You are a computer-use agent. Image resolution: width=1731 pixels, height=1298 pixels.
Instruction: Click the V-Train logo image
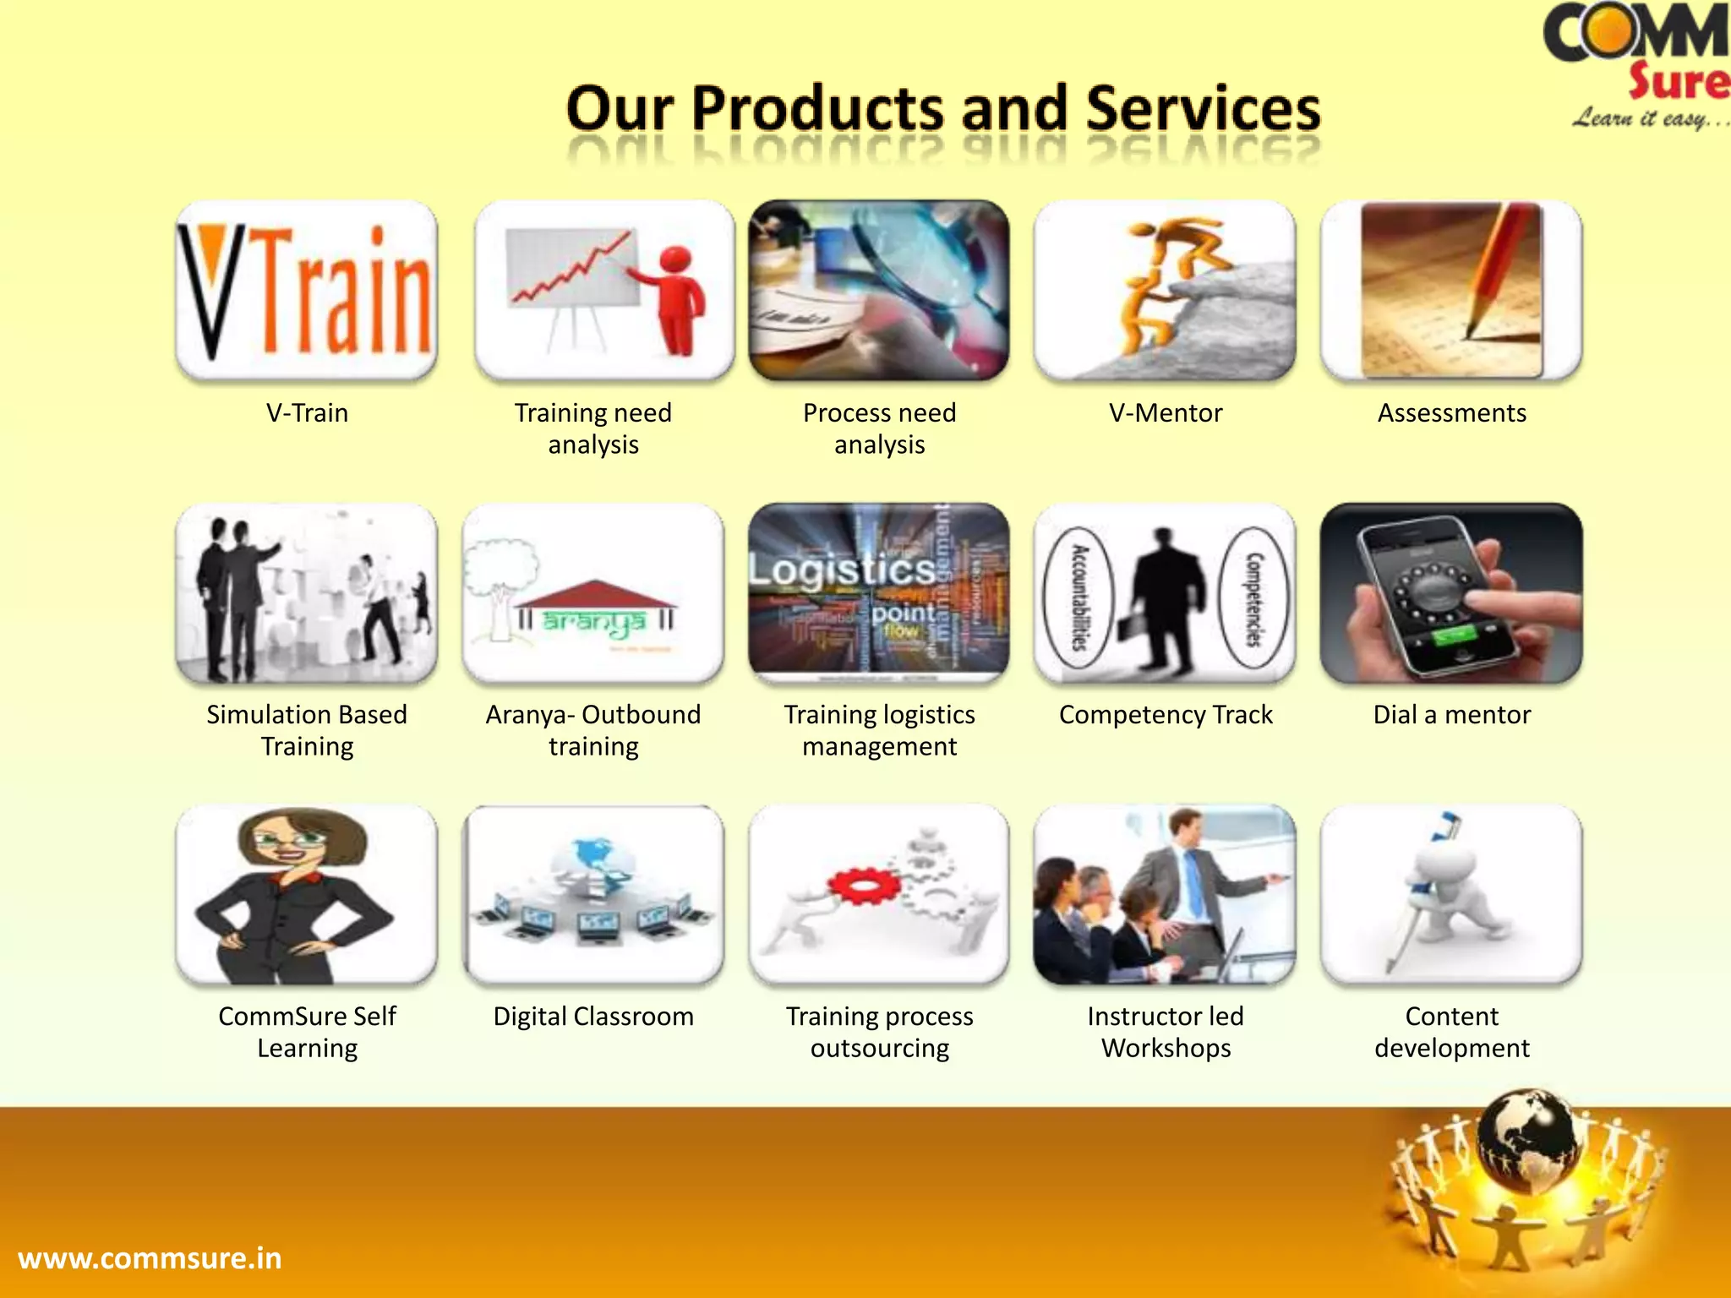pyautogui.click(x=306, y=290)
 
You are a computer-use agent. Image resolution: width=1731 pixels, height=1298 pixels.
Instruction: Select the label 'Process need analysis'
pyautogui.click(x=879, y=428)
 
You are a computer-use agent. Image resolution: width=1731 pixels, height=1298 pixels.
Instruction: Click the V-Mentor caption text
pyautogui.click(x=1166, y=413)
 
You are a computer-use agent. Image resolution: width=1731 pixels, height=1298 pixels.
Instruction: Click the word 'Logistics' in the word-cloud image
pyautogui.click(x=842, y=570)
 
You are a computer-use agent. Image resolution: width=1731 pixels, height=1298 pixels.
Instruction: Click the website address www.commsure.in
pyautogui.click(x=150, y=1258)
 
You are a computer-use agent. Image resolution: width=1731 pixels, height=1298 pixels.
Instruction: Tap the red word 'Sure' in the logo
pyautogui.click(x=1678, y=82)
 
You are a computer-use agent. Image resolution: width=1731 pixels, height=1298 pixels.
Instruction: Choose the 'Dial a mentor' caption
pyautogui.click(x=1451, y=715)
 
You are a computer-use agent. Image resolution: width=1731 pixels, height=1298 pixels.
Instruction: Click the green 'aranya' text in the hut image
pyautogui.click(x=593, y=622)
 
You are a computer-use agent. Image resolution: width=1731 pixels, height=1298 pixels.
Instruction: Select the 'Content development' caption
pyautogui.click(x=1451, y=1032)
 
